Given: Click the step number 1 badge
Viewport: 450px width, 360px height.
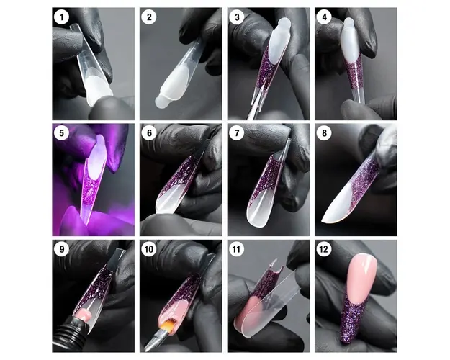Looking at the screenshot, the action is click(61, 17).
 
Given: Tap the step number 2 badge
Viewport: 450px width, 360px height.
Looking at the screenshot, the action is click(149, 17).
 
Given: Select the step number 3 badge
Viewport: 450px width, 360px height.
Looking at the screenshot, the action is click(237, 17).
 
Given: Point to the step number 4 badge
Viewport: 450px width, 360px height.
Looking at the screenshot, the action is click(324, 17).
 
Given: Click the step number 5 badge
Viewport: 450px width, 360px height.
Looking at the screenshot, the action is click(61, 133).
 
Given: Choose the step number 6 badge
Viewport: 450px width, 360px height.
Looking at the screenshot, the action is click(149, 133).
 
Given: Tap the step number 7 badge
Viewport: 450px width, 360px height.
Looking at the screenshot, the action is click(237, 133).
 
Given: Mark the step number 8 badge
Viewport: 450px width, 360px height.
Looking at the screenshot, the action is click(324, 133).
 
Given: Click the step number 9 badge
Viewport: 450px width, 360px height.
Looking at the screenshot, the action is click(61, 249).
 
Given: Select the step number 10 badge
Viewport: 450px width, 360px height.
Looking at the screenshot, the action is click(149, 249).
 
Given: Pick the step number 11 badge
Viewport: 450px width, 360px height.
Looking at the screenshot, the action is click(237, 249).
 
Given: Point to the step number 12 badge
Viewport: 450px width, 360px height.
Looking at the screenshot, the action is click(324, 249).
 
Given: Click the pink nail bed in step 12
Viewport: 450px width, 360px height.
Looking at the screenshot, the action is click(361, 278).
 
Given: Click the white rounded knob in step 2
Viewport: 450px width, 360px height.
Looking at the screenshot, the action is click(161, 102).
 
